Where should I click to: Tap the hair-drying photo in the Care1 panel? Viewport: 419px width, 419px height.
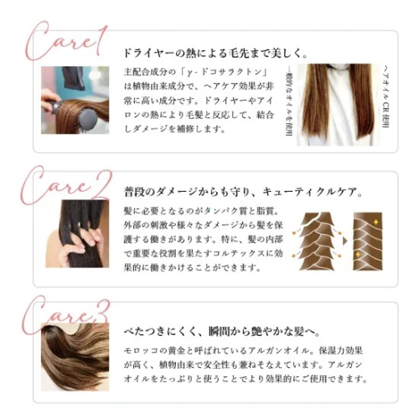coord(75,101)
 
